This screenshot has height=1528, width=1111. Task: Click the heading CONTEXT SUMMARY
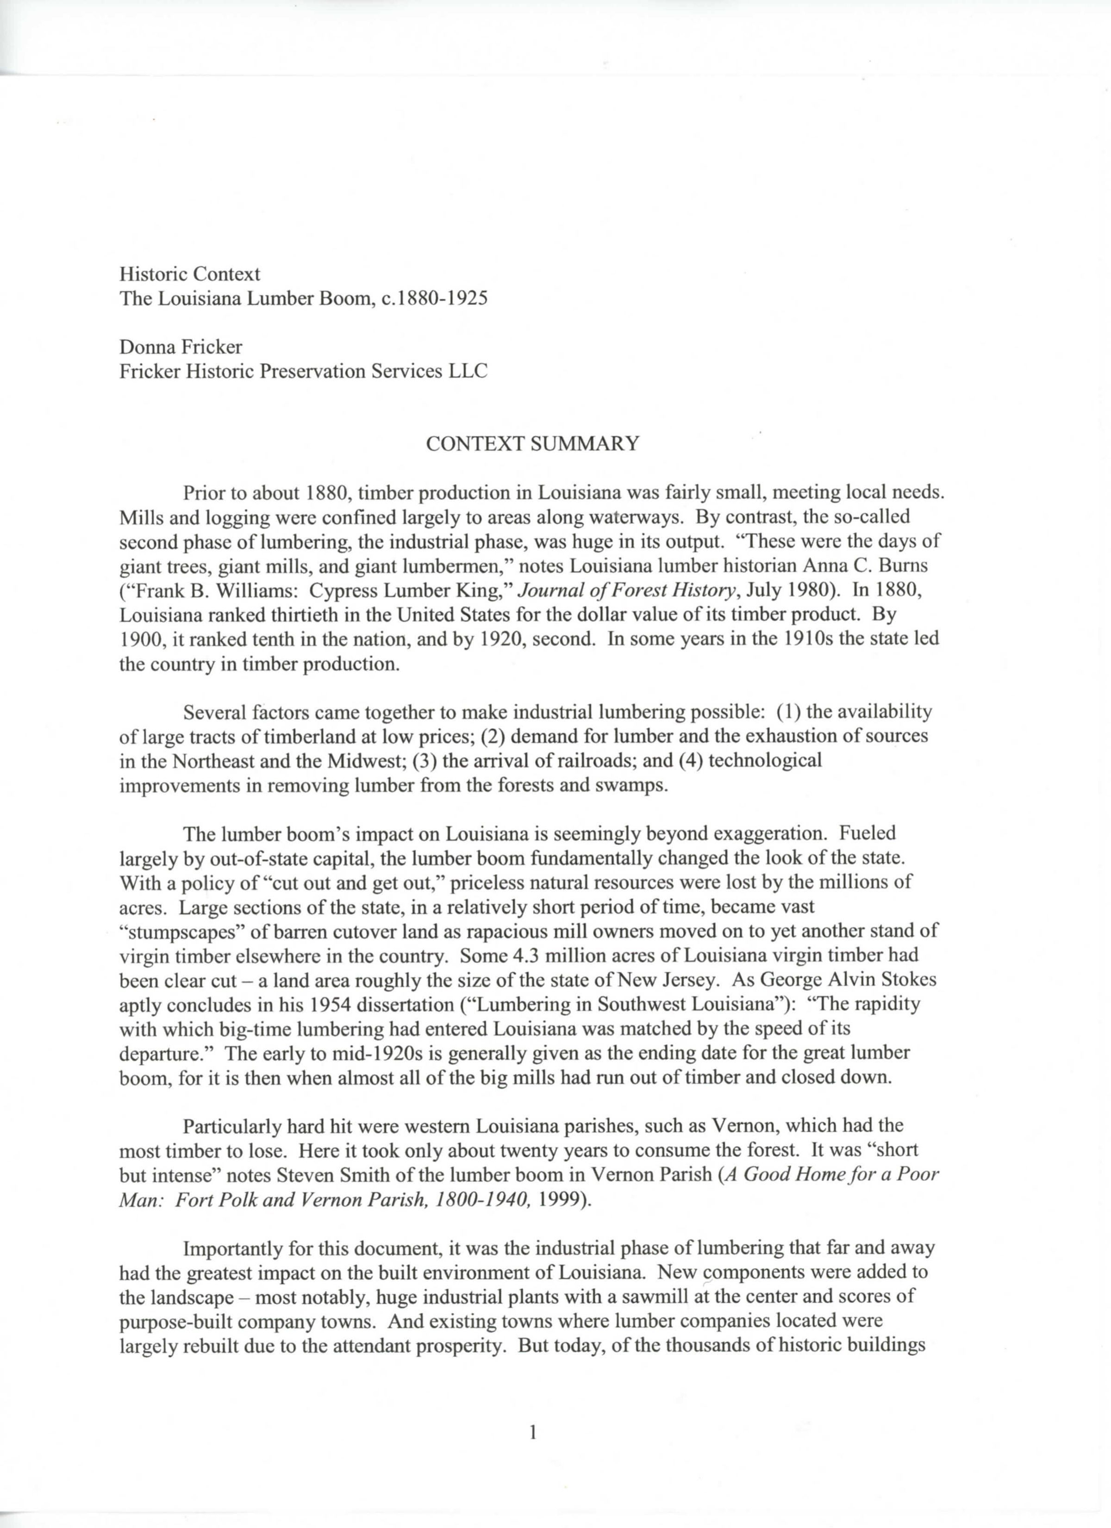click(532, 444)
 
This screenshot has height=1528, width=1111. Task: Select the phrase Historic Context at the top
click(189, 274)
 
